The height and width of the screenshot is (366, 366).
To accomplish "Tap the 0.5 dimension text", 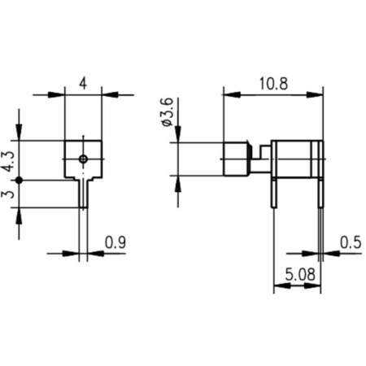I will [x=351, y=242].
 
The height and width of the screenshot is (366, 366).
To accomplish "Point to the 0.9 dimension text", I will [x=115, y=242].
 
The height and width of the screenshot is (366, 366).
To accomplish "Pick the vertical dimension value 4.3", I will [x=7, y=159].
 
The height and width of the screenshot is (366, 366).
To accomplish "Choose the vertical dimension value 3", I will [x=7, y=194].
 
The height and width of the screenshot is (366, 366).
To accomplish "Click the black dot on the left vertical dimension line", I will [x=19, y=178].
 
